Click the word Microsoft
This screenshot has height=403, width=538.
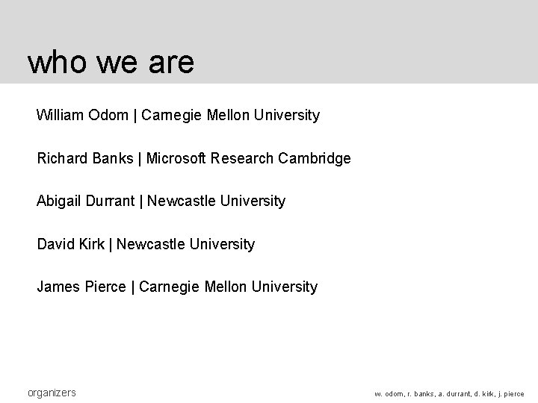tap(177, 159)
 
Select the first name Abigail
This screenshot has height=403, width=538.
tap(59, 201)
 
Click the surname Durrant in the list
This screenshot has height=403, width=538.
tap(110, 201)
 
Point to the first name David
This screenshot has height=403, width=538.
tap(55, 245)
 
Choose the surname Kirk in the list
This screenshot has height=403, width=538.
tap(91, 245)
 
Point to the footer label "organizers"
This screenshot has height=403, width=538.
tap(52, 393)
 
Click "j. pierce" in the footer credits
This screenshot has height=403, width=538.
tap(507, 394)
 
